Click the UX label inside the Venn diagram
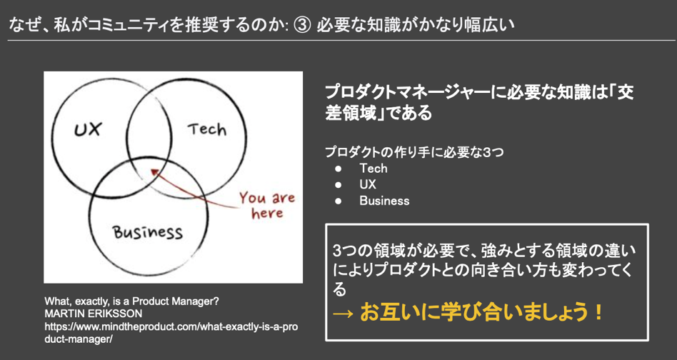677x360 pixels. [x=89, y=129]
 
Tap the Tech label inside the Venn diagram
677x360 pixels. [x=207, y=129]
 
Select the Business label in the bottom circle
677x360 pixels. [x=148, y=232]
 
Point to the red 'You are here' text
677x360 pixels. [x=267, y=205]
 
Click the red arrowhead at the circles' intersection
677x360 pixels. [x=154, y=173]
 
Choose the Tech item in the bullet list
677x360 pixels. [x=373, y=169]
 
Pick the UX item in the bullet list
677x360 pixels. [x=368, y=184]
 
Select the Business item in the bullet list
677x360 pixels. [x=384, y=201]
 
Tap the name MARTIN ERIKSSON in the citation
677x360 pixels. [x=94, y=313]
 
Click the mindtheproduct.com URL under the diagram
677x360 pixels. [x=171, y=332]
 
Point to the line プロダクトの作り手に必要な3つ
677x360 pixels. [x=414, y=152]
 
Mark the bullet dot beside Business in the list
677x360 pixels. [x=338, y=201]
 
